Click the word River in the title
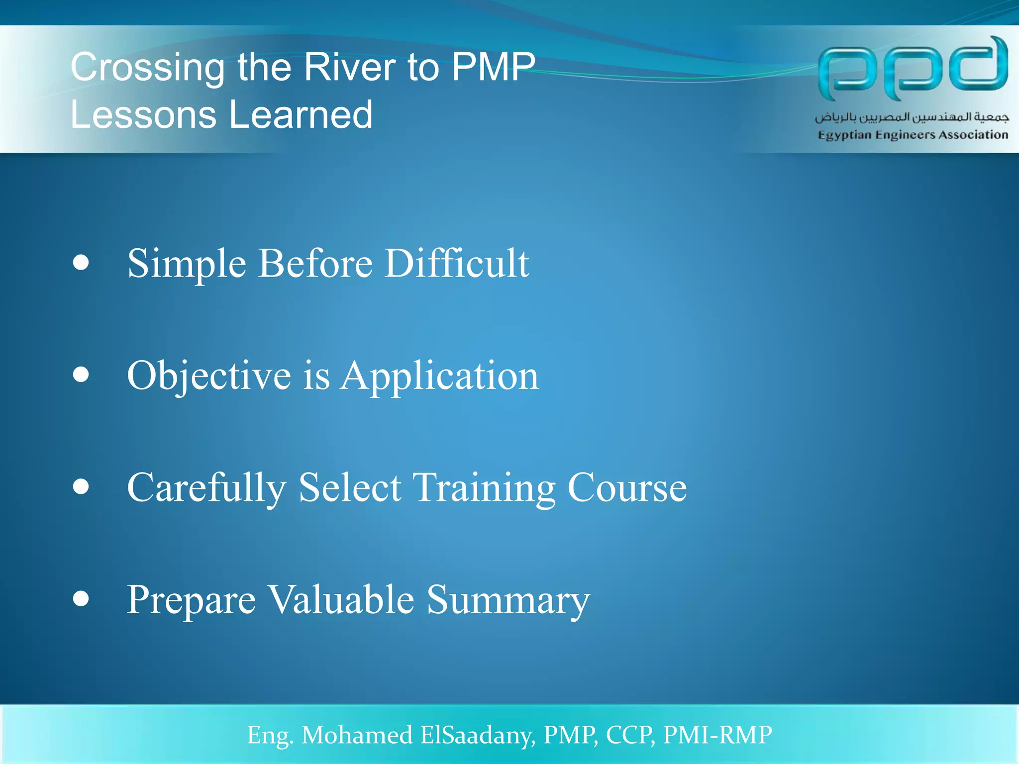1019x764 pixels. click(x=350, y=67)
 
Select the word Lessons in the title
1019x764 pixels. click(x=143, y=115)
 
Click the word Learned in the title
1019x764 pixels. click(x=301, y=115)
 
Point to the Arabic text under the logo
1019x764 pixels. click(x=912, y=117)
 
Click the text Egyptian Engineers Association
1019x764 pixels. click(x=913, y=135)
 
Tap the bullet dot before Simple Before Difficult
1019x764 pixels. click(x=81, y=262)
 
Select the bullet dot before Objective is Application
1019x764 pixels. click(x=81, y=374)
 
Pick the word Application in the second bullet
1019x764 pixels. click(x=440, y=377)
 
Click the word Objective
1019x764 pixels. click(x=209, y=377)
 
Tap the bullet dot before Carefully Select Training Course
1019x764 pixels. click(x=81, y=486)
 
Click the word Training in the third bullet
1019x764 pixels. click(x=484, y=488)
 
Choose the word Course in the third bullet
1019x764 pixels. click(x=627, y=487)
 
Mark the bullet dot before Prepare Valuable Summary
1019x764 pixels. click(x=81, y=598)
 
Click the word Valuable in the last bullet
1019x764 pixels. click(x=341, y=599)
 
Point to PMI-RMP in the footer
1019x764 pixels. click(x=717, y=735)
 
